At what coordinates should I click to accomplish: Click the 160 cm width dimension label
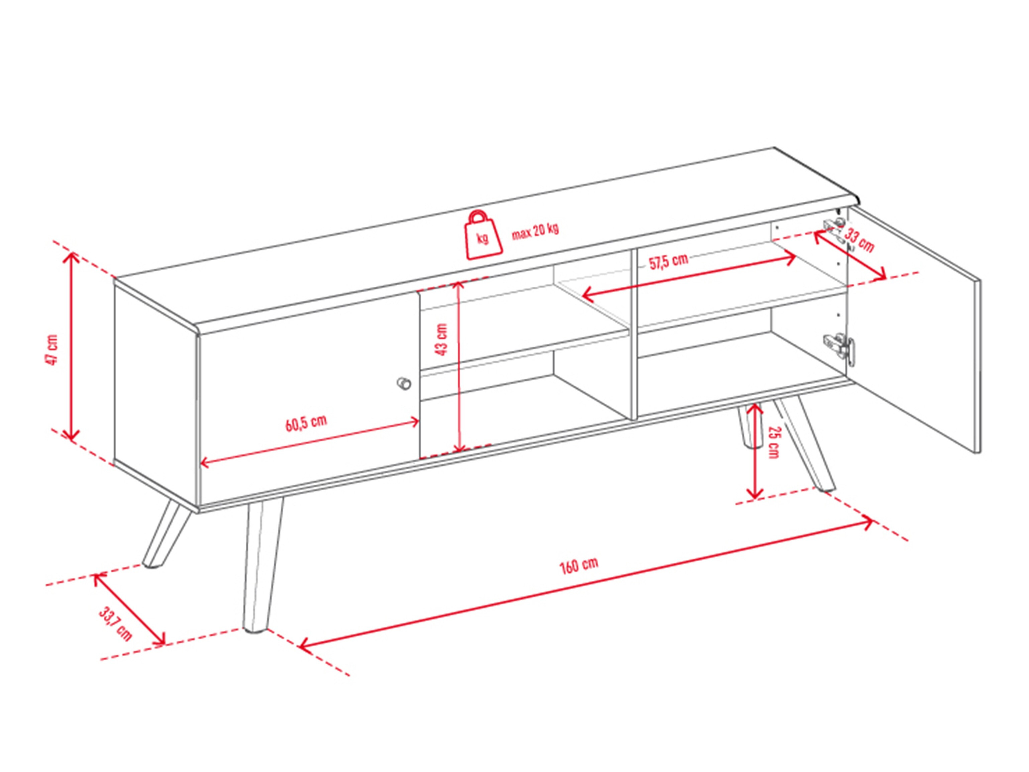pos(579,565)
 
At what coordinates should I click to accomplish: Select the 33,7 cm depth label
pos(115,623)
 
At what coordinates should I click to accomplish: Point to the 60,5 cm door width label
pos(306,422)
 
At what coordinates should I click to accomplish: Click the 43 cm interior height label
pos(441,340)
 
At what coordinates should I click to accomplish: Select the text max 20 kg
pos(535,230)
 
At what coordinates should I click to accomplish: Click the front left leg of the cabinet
pos(262,565)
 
